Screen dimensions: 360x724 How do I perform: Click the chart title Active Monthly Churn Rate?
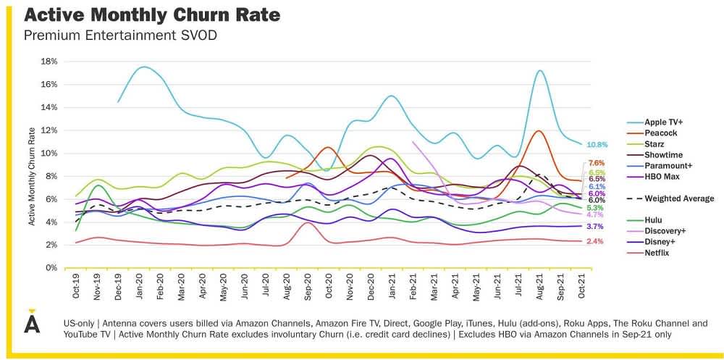[x=152, y=15]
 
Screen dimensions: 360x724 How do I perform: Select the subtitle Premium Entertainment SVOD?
[x=120, y=35]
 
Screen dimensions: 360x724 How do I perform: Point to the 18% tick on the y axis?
[x=49, y=62]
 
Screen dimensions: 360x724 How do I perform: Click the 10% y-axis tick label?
[x=49, y=154]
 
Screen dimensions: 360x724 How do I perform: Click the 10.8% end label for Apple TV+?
[x=597, y=145]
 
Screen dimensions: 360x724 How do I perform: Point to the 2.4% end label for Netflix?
[x=596, y=241]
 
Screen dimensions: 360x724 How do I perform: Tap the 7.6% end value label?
[x=597, y=163]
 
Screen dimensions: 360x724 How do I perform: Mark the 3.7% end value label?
[x=596, y=227]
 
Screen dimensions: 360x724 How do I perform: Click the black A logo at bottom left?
[x=31, y=324]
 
